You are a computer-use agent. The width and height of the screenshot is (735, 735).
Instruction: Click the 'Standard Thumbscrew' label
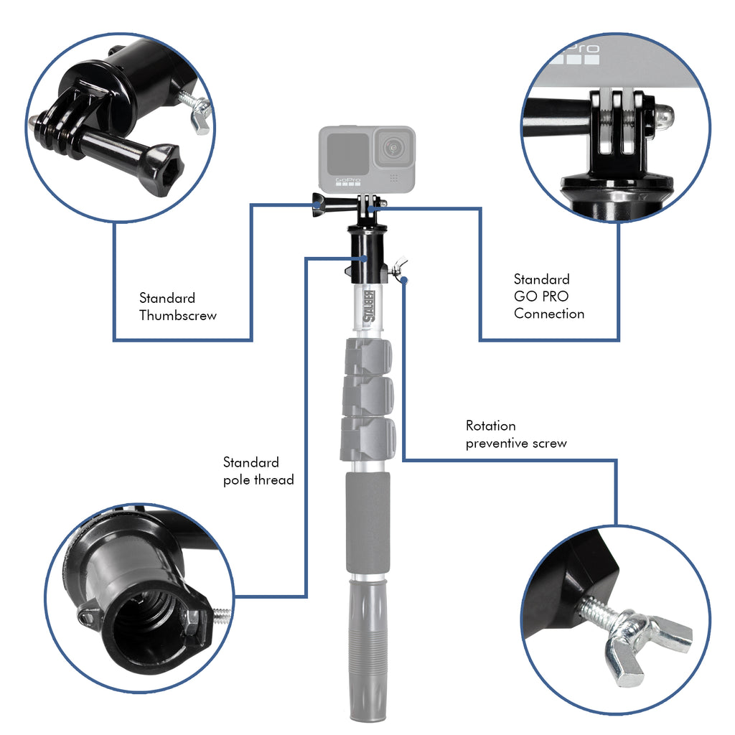[177, 306]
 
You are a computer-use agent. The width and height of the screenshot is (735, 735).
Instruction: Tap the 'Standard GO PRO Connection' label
[548, 296]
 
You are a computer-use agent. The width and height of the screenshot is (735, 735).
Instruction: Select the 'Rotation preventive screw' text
[515, 434]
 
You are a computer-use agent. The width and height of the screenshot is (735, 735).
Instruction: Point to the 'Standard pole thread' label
[258, 471]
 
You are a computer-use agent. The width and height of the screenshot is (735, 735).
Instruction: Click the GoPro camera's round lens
[393, 149]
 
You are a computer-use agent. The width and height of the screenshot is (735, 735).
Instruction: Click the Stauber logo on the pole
[370, 305]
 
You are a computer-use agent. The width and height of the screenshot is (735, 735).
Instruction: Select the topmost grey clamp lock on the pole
[368, 357]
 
